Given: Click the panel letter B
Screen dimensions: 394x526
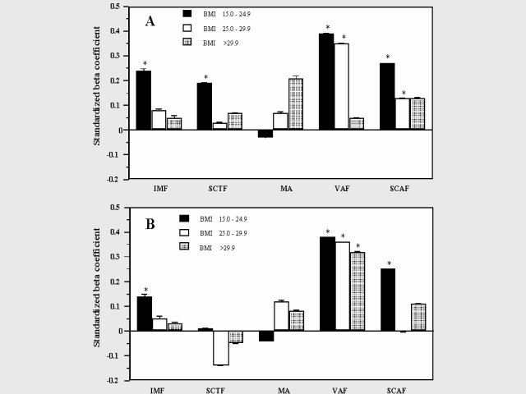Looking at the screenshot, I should tap(150, 223).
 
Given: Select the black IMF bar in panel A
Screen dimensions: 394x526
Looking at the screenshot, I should tap(144, 100).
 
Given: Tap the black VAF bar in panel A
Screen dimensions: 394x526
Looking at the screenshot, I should tap(326, 81).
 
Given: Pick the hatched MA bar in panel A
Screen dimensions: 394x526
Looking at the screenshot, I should tap(295, 104).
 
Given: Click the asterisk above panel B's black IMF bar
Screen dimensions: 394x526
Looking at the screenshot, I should tap(145, 290).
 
